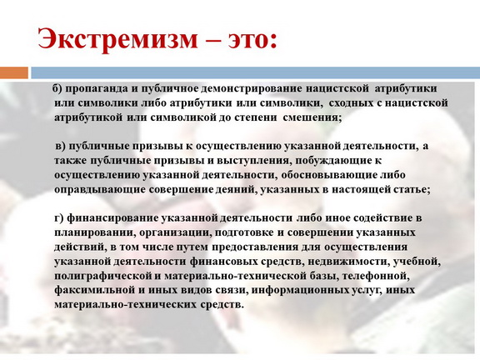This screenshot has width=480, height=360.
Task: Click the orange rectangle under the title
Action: click(x=14, y=72)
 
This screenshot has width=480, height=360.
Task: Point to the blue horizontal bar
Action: click(x=255, y=72)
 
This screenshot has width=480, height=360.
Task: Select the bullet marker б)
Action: click(x=57, y=88)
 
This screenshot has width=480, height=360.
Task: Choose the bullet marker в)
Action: click(x=61, y=146)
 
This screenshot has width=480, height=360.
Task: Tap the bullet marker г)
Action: click(x=59, y=218)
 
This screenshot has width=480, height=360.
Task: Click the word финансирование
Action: click(x=112, y=218)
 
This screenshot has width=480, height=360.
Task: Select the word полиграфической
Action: click(x=102, y=276)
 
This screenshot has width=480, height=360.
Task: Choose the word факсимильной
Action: click(x=95, y=290)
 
